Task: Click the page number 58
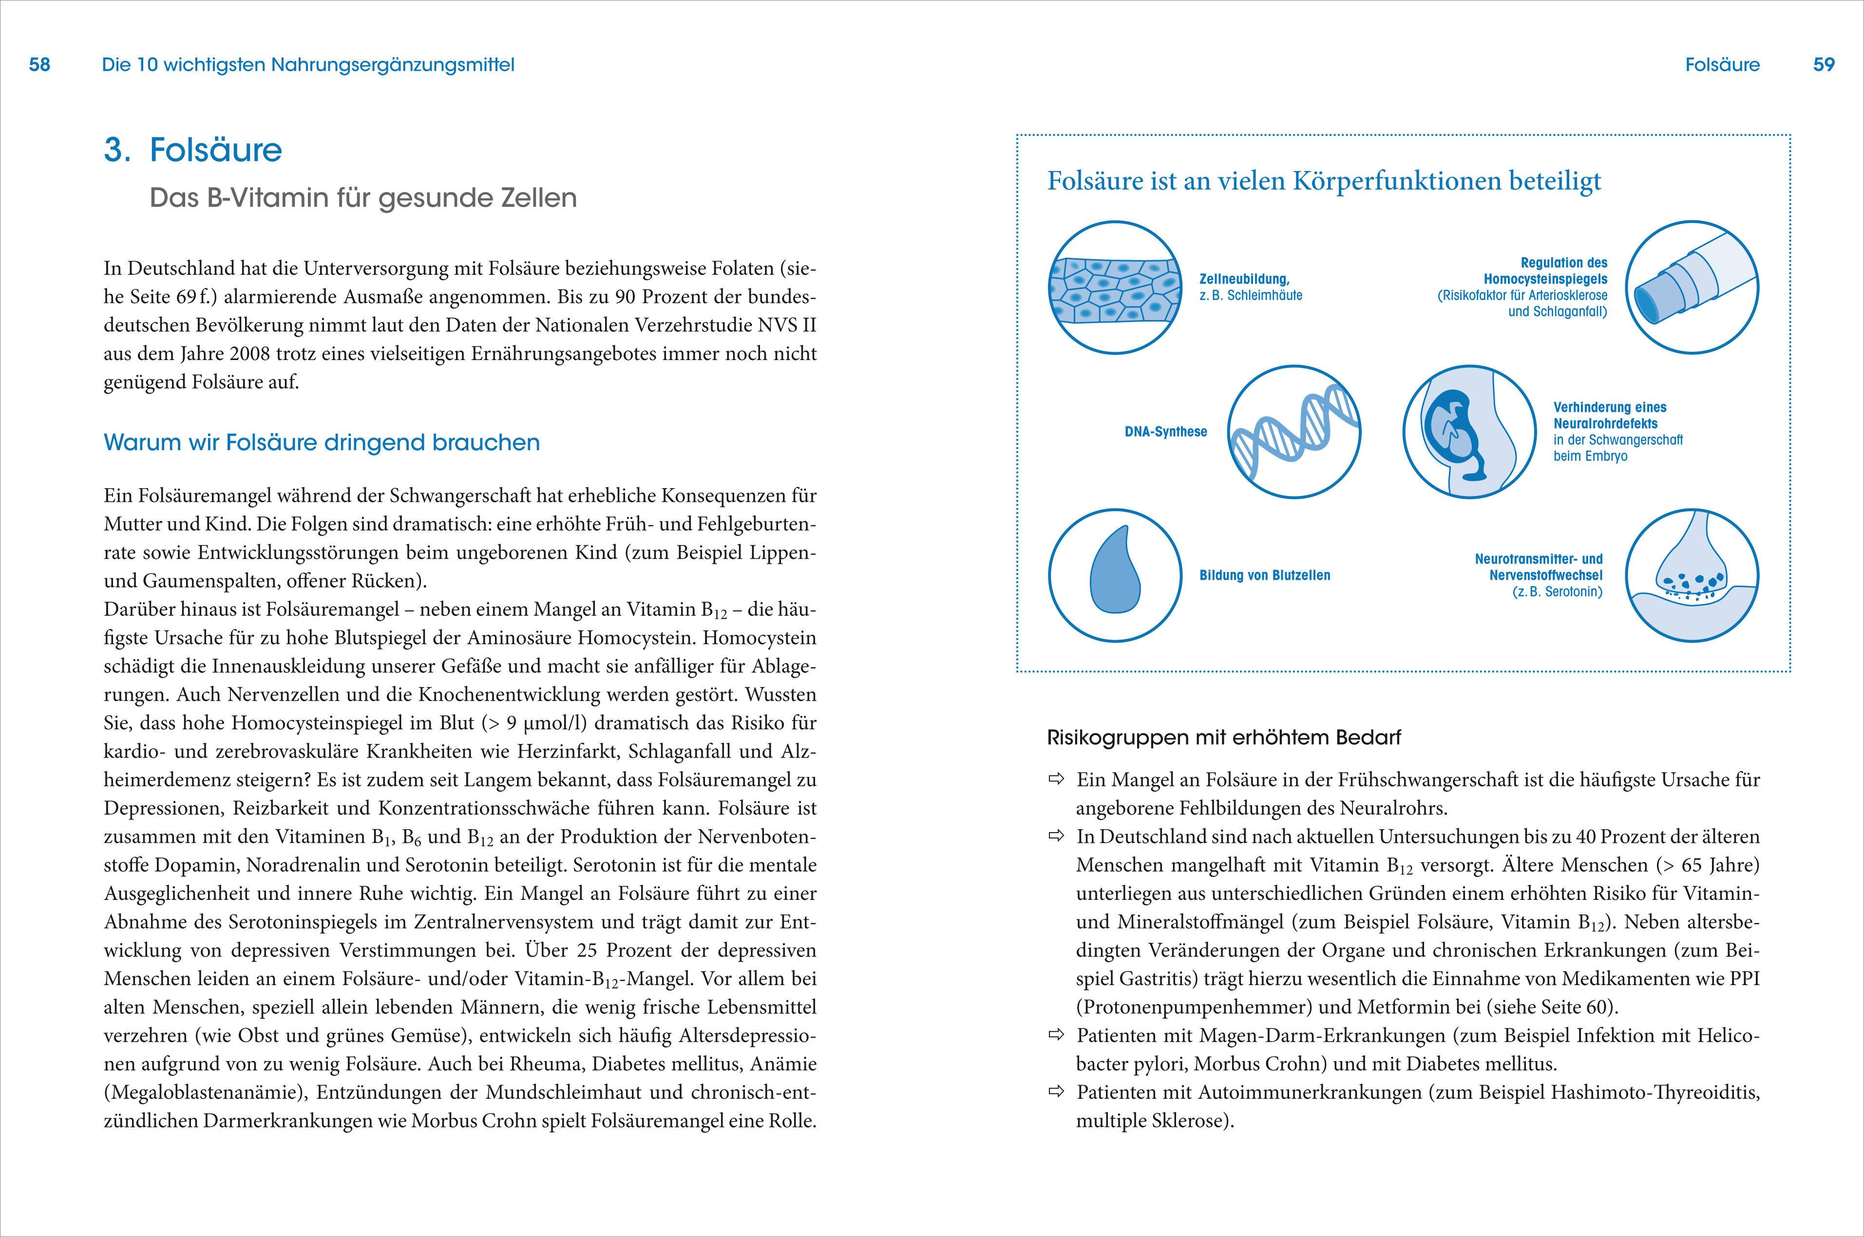point(39,65)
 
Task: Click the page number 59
point(1824,65)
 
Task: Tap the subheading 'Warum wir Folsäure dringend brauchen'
point(322,442)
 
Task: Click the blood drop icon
point(1115,574)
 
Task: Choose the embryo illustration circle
point(1469,432)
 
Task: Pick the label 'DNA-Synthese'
point(1165,432)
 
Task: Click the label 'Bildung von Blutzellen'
point(1264,575)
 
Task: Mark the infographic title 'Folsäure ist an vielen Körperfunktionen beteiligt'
point(1324,181)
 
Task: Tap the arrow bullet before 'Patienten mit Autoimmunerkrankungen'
point(1055,1092)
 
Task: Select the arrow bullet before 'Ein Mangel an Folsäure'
point(1055,780)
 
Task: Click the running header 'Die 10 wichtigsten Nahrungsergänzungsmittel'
point(307,65)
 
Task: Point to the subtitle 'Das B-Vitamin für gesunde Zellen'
point(363,197)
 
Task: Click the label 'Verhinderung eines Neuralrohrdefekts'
point(1609,416)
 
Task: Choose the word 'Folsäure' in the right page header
point(1722,65)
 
